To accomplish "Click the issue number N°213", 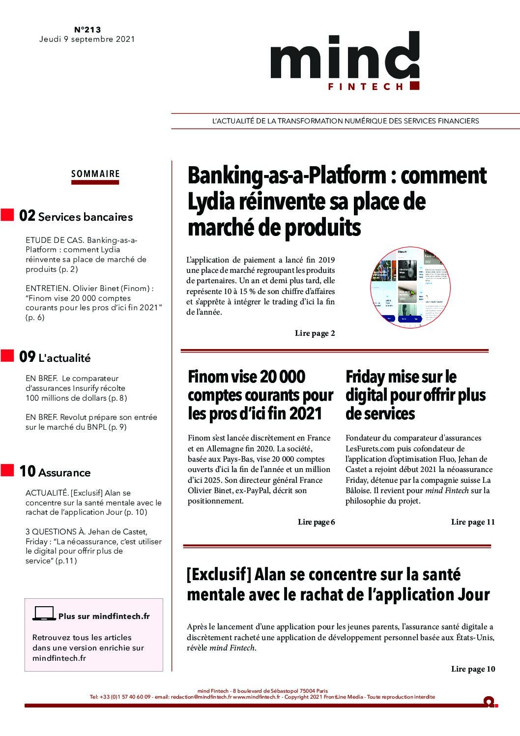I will (x=87, y=29).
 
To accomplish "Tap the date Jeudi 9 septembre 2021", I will (x=87, y=39).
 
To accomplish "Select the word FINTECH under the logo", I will (x=366, y=87).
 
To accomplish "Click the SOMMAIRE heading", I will (x=95, y=174).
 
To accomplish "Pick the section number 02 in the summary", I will (x=27, y=216).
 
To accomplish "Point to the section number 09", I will (x=27, y=357).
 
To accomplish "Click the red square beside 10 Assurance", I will (x=7, y=470).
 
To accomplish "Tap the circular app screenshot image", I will (x=410, y=287).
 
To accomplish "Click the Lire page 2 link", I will (x=315, y=333).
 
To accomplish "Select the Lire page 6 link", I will (x=316, y=522).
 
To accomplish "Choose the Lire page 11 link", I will (x=473, y=522).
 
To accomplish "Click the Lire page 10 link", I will (x=473, y=669).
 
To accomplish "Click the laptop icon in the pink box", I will (x=44, y=614).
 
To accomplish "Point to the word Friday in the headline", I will (x=365, y=377).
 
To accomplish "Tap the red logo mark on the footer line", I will (x=490, y=702).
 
